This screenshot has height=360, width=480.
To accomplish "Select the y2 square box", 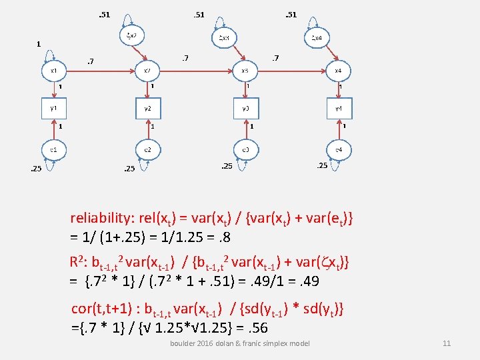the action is coord(148,108).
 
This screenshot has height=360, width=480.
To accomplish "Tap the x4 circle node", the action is coord(338,70).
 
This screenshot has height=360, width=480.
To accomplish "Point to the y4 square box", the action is coord(338,108).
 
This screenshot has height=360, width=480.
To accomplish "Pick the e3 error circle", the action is coord(245,150).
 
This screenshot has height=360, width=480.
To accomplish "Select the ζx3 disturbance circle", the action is coord(224,38).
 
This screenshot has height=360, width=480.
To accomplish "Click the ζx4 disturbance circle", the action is coord(317,38).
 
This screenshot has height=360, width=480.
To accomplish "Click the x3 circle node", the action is coord(245,70).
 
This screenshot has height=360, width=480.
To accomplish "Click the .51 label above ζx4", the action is coord(290,14).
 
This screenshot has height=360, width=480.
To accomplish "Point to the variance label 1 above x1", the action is coord(39,44).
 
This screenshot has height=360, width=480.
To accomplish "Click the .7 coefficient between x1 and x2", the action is coord(90,62).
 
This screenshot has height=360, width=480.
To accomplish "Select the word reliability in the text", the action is coord(99,218).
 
